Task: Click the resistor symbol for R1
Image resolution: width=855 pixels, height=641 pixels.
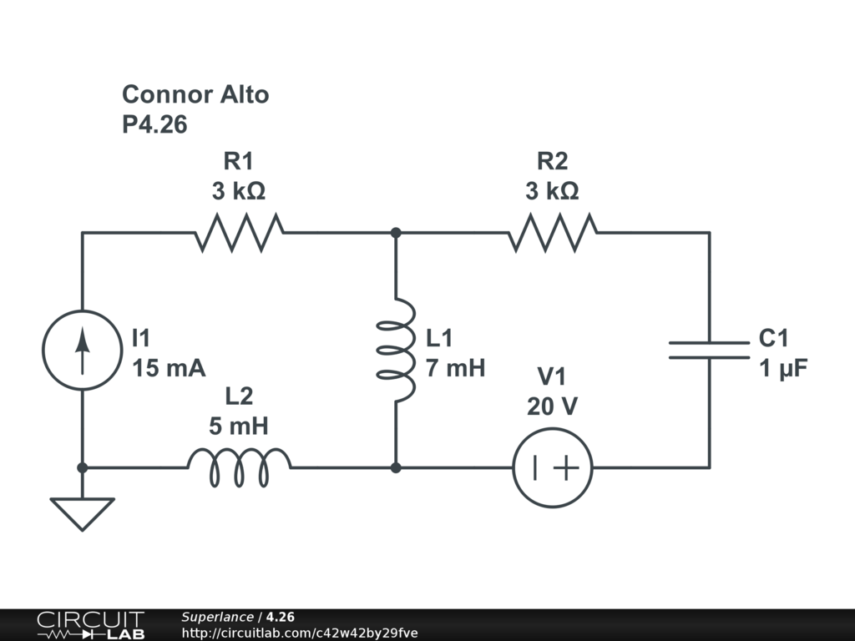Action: coord(240,232)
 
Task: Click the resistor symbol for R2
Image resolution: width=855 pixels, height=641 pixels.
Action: coord(553,232)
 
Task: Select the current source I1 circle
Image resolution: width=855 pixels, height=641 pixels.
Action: coord(82,351)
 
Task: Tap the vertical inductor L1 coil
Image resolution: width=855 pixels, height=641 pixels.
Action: coord(396,351)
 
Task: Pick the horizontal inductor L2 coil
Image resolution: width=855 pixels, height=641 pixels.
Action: coord(240,467)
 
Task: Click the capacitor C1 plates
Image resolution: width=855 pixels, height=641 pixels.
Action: coord(710,351)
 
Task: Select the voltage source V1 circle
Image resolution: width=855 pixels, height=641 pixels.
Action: coord(553,467)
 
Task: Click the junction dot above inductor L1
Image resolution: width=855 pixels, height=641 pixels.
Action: coord(396,233)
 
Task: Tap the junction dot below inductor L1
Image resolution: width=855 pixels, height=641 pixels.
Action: coord(396,467)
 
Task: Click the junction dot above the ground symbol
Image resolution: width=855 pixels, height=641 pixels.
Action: coord(82,467)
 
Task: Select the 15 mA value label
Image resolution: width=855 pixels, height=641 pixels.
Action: coord(169,368)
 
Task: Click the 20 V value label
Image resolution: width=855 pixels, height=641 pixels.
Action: coord(552,406)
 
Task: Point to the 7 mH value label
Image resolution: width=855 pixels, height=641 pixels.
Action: coord(455,368)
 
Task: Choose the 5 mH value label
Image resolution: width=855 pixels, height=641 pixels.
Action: coord(239,427)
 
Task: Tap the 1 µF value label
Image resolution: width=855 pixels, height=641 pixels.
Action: coord(783,368)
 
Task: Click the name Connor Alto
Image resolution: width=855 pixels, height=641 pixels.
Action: coord(195,94)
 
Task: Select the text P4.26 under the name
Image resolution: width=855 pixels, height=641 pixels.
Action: coord(154,125)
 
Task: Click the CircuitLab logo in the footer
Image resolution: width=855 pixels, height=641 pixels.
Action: coord(90,624)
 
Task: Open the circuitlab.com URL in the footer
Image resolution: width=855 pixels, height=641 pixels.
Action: coord(299,633)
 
